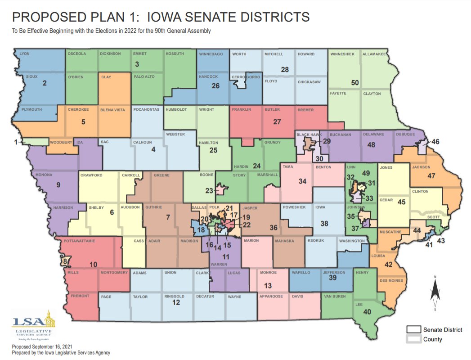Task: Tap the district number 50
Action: [x=355, y=83]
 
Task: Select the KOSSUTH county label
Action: [x=175, y=54]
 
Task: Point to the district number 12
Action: [x=176, y=303]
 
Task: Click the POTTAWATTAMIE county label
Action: [x=80, y=241]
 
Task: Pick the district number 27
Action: [x=277, y=121]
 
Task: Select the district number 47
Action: [x=431, y=176]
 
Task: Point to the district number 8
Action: [x=65, y=261]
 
